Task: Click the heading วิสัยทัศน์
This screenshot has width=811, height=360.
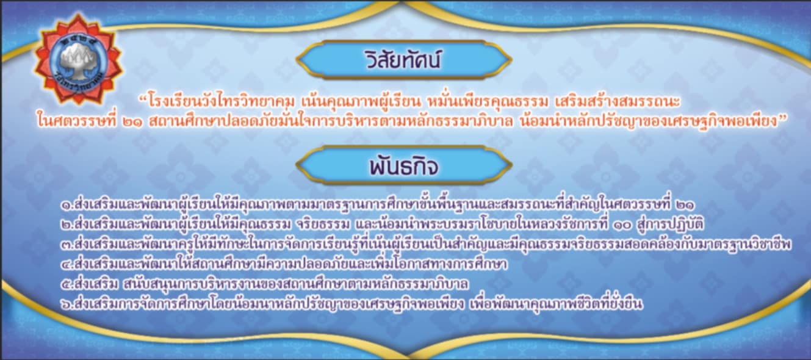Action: click(403, 60)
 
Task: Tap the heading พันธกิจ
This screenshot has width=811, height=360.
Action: click(404, 165)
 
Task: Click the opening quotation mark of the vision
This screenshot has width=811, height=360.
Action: click(143, 98)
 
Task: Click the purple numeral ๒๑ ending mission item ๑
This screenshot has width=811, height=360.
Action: click(685, 206)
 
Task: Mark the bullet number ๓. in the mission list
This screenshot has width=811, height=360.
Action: click(67, 245)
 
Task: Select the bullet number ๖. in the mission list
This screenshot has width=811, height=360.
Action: click(67, 304)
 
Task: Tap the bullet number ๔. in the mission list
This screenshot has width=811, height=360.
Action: click(67, 265)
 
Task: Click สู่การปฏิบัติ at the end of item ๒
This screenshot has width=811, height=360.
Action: click(670, 225)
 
